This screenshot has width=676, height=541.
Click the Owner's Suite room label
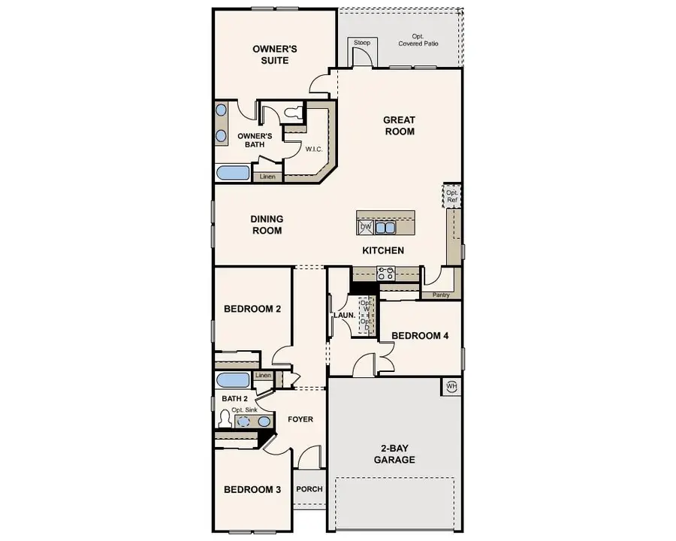tap(274, 54)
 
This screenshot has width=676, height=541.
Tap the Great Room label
tap(399, 125)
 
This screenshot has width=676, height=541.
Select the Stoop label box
tap(362, 44)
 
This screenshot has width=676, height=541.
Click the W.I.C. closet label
tap(313, 149)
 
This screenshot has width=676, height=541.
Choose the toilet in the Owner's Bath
tap(293, 113)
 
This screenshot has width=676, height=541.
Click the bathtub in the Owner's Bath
tap(233, 173)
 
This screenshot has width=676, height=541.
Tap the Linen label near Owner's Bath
tap(267, 177)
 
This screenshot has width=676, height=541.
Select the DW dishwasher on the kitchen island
tap(366, 226)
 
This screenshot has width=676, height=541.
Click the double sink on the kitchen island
tap(385, 227)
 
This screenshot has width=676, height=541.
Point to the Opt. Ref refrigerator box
tap(451, 197)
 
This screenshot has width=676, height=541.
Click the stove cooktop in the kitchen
tap(388, 272)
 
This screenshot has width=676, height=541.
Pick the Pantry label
tap(441, 295)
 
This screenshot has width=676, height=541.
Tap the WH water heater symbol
tap(451, 386)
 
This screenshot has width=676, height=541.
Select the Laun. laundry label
tap(344, 316)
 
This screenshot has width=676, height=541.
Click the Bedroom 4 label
tap(420, 335)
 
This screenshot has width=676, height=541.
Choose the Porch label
tap(309, 489)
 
